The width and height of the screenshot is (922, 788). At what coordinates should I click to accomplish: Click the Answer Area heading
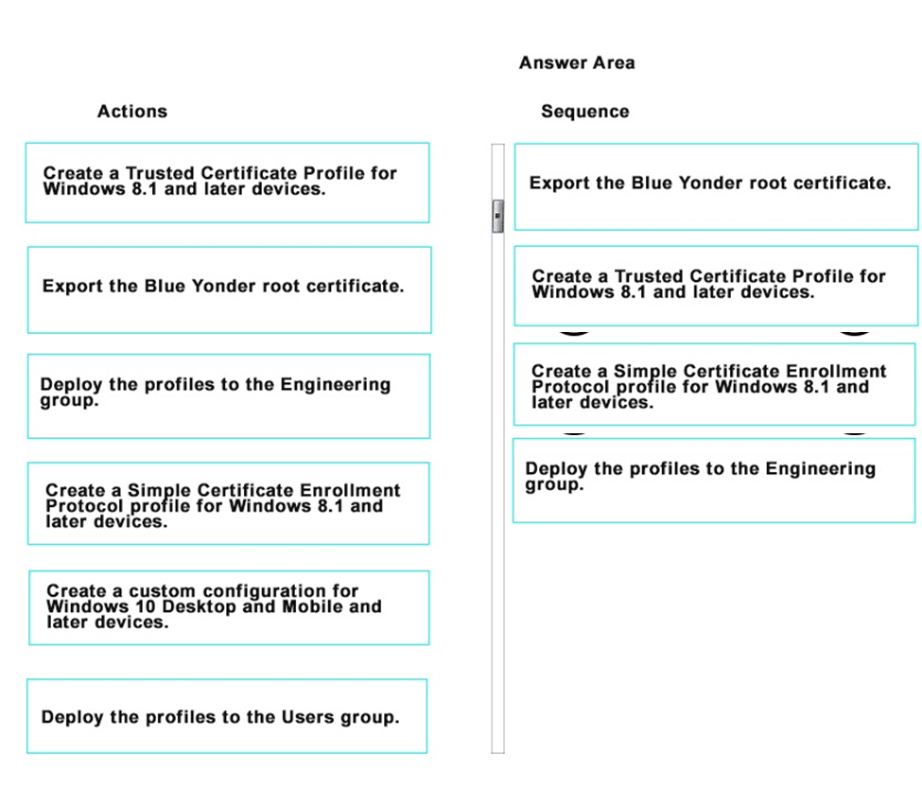(577, 63)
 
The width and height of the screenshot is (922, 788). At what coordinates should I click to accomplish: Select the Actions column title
(132, 111)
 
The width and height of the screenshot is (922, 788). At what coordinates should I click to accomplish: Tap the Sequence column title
(585, 111)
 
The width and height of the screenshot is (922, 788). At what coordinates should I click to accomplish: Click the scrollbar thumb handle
(498, 217)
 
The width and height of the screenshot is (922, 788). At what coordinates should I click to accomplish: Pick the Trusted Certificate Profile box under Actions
(228, 183)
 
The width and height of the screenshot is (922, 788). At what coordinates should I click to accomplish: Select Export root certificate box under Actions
(230, 289)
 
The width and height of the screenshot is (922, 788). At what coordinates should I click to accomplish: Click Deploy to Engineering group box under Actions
(229, 396)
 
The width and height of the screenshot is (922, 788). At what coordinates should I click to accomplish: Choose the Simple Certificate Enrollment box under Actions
(229, 503)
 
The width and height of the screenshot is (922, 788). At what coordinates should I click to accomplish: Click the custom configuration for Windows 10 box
(230, 607)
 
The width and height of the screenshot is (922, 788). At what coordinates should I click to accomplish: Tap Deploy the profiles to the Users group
(227, 716)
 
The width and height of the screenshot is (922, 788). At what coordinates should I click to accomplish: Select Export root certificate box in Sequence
(716, 187)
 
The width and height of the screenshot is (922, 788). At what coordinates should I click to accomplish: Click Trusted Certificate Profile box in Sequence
(716, 286)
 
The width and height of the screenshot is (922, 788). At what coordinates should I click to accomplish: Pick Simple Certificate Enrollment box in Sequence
(715, 384)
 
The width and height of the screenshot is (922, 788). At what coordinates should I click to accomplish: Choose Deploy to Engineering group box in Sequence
(715, 481)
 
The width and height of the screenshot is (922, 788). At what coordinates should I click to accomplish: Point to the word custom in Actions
(162, 590)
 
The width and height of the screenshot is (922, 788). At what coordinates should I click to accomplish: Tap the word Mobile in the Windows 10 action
(313, 606)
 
